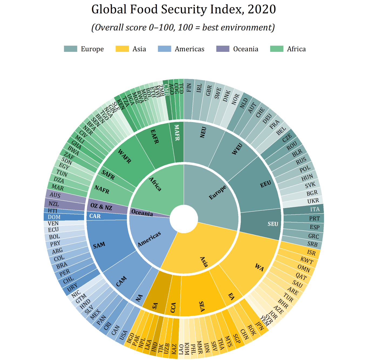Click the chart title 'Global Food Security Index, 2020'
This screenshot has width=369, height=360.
[183, 9]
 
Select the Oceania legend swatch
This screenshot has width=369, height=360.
[223, 49]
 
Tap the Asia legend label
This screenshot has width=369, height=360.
[139, 49]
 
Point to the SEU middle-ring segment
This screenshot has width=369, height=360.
[266, 224]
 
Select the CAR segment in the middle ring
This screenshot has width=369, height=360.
[105, 216]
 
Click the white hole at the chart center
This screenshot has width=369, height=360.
[184, 219]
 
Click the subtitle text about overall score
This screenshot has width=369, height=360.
[183, 28]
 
